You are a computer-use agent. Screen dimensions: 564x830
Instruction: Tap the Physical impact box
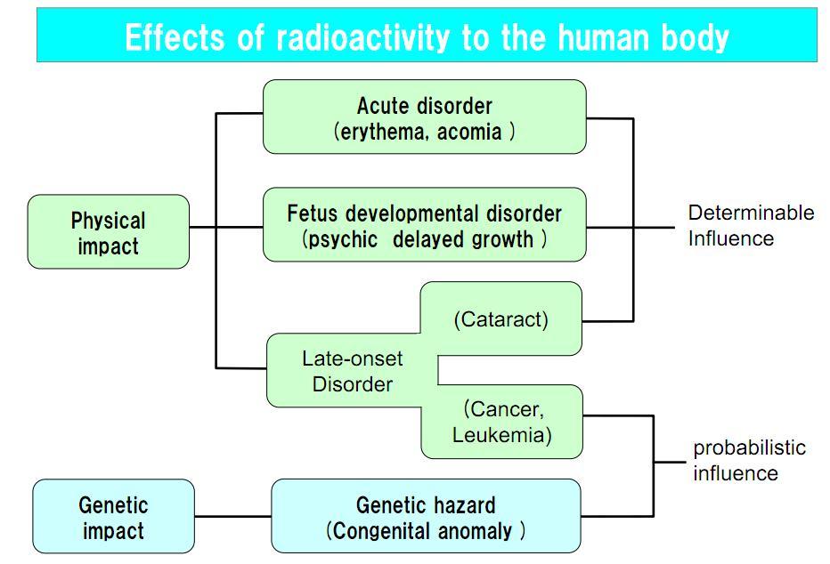(x=109, y=232)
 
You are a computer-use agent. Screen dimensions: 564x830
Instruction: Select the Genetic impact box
(x=113, y=518)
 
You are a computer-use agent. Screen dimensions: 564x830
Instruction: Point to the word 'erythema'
(x=381, y=132)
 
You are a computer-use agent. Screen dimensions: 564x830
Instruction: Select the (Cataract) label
(x=500, y=319)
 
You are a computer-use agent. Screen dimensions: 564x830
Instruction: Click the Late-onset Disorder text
(x=352, y=371)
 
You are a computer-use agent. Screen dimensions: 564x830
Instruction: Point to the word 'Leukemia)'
(x=501, y=435)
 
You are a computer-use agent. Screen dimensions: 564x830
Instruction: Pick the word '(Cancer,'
(x=503, y=409)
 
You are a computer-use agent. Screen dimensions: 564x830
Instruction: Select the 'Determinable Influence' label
(x=750, y=225)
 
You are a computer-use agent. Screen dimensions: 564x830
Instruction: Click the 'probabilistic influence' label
(x=749, y=460)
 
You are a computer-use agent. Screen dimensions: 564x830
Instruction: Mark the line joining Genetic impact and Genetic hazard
(x=232, y=516)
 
